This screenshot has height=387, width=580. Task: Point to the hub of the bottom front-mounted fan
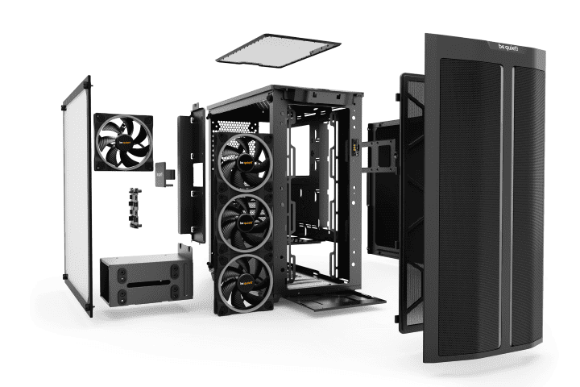click(x=245, y=280)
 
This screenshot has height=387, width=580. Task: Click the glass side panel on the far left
click(x=77, y=193)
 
